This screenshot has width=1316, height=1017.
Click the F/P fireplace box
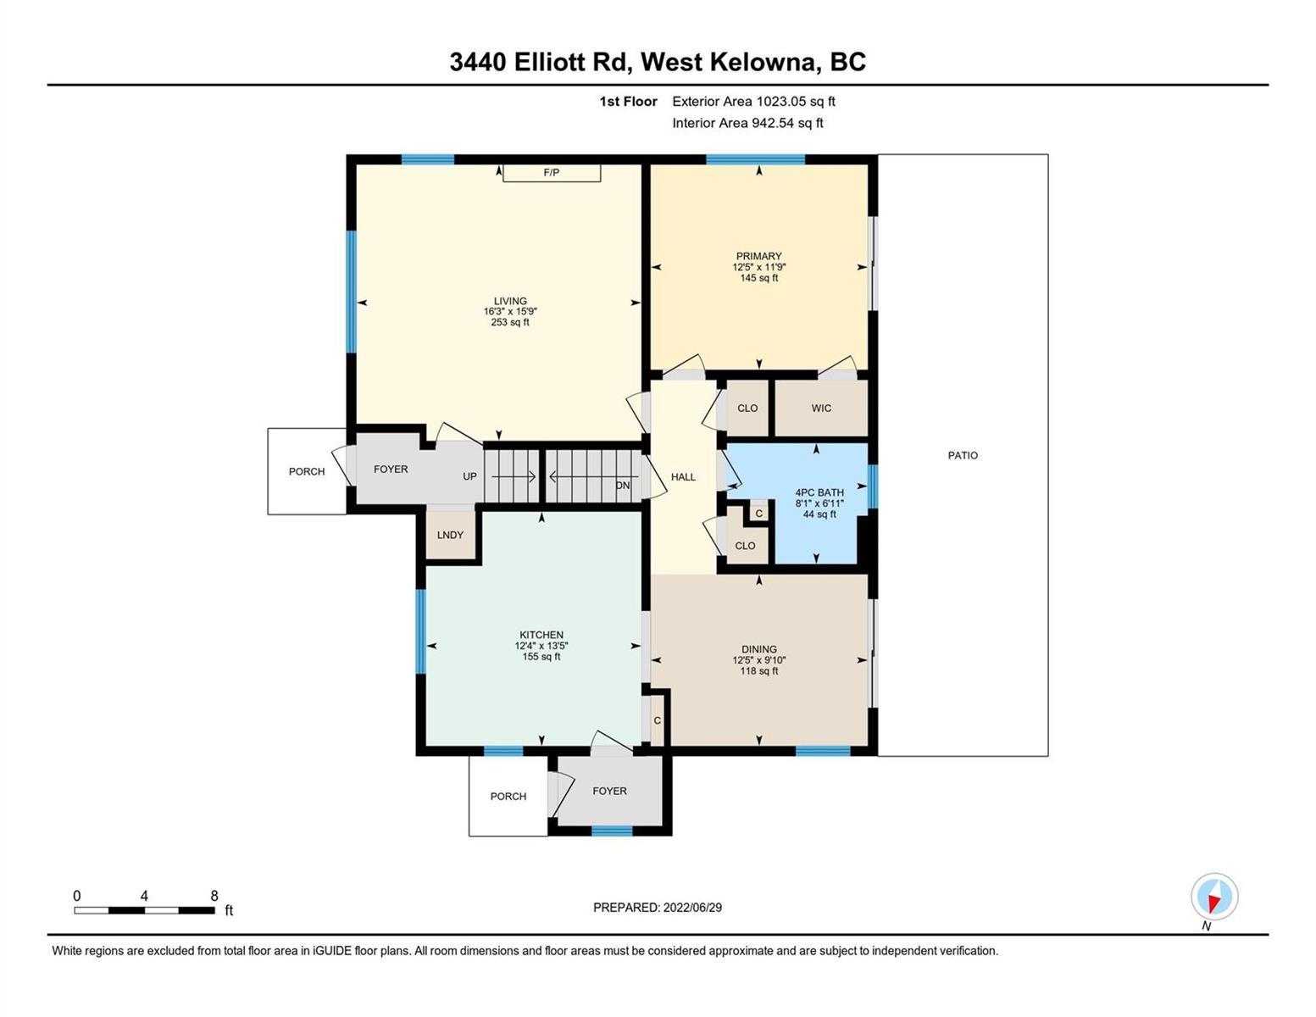click(552, 173)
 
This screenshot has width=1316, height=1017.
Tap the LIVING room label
click(510, 301)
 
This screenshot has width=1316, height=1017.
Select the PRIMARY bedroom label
click(758, 256)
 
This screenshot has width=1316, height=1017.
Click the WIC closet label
click(821, 408)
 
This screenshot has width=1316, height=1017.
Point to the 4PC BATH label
click(819, 492)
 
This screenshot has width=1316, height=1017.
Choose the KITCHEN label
click(541, 635)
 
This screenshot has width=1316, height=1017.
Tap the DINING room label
click(758, 649)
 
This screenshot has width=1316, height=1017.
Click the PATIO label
click(963, 455)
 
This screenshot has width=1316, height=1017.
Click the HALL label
click(683, 477)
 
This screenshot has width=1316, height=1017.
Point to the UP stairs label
click(470, 476)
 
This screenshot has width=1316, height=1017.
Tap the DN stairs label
click(623, 485)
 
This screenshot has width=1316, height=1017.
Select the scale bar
click(145, 910)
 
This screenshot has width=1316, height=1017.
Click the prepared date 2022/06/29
click(692, 908)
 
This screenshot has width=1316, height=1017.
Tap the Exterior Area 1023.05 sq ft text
click(753, 101)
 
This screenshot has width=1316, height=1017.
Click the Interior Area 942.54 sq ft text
click(748, 123)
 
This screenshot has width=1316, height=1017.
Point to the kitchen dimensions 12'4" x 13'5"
click(541, 646)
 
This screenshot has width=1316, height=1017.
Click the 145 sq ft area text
click(758, 278)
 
